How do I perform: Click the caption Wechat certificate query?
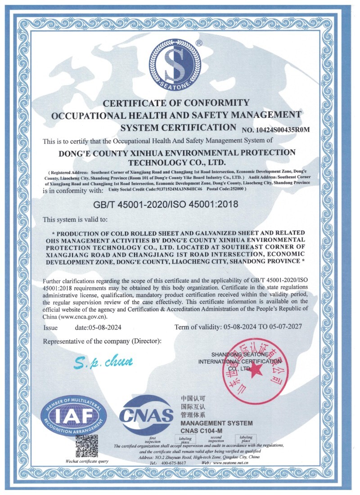click(87, 461)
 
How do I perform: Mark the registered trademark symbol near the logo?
click(199, 43)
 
